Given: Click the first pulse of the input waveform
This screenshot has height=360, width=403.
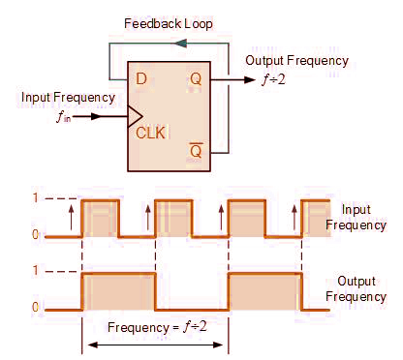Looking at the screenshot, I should [101, 218].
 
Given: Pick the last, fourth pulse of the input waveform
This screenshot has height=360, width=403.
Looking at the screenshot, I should [317, 218].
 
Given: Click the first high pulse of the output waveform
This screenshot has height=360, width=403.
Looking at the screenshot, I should [118, 290].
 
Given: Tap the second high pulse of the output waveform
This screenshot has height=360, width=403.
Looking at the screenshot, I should [263, 290].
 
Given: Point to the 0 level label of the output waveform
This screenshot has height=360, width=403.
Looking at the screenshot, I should [36, 308].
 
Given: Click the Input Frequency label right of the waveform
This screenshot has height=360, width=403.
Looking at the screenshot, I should [355, 217].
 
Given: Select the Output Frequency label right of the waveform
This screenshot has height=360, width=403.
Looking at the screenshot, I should [356, 288].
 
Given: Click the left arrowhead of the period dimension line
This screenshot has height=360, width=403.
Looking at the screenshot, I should [90, 344].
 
